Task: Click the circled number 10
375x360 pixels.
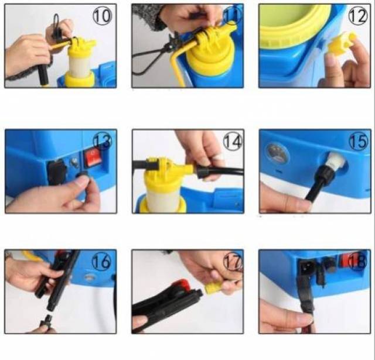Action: tap(102, 16)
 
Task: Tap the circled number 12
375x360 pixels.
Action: tap(358, 16)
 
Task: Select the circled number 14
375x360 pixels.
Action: tap(233, 142)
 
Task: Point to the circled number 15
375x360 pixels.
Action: tap(359, 142)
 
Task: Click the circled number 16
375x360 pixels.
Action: tap(101, 262)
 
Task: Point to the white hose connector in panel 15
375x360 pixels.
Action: tap(336, 161)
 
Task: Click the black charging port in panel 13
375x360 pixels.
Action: tap(57, 172)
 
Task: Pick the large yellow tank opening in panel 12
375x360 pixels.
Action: tap(295, 26)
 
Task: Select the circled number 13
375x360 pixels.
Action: tap(102, 142)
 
